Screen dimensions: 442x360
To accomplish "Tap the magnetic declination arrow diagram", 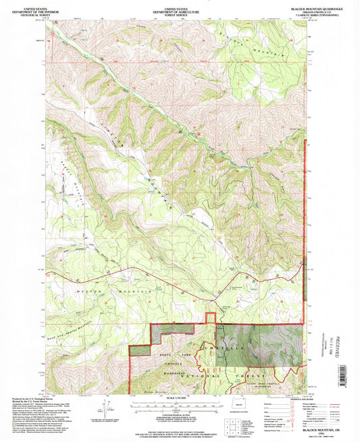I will [105, 407].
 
